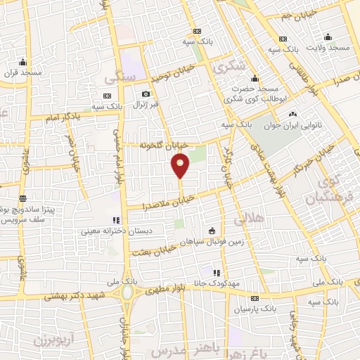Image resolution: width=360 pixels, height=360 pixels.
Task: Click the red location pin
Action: (181, 166)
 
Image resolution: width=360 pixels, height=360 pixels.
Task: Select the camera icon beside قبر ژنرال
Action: (146, 94)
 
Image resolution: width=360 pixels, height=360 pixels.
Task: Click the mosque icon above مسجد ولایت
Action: (328, 37)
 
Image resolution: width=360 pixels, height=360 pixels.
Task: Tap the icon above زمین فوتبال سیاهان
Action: (212, 231)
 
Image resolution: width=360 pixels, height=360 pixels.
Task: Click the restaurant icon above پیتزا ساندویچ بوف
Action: (22, 199)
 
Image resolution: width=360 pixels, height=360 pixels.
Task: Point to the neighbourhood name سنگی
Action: (119, 79)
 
